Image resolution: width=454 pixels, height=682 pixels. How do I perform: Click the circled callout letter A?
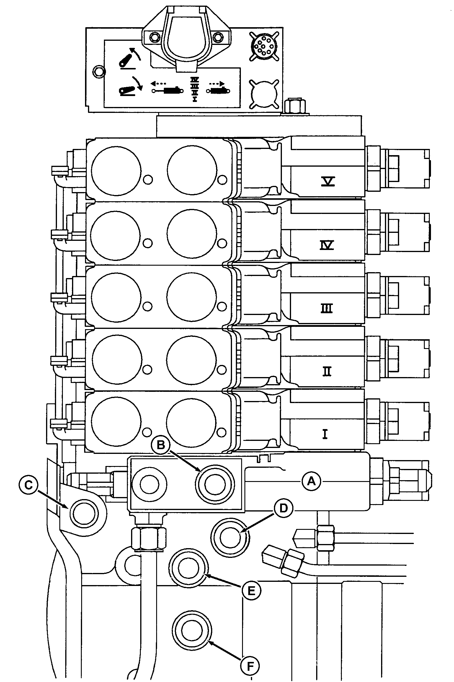311,482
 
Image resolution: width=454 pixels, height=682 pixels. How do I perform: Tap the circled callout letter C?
28,486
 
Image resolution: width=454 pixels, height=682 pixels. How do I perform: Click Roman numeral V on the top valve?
328,181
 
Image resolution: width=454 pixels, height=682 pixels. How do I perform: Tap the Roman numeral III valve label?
327,308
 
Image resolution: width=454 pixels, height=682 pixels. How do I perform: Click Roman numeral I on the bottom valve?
325,434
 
